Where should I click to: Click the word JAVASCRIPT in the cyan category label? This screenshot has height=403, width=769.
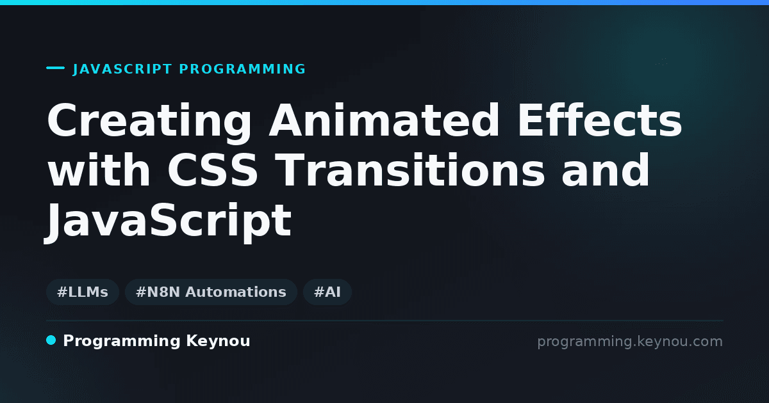point(122,69)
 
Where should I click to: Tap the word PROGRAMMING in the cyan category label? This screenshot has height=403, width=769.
point(242,69)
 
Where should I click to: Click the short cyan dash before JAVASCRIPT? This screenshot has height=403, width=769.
point(55,68)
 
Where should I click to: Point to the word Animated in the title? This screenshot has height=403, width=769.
point(384,120)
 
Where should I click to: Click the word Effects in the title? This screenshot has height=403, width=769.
point(599,120)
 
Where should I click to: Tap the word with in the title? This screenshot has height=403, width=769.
point(99,170)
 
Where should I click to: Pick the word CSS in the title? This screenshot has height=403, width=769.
point(213,170)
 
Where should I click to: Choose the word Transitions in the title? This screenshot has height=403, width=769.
point(411,170)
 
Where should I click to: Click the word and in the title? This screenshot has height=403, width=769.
point(606,170)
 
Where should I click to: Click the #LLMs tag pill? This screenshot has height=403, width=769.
point(83,292)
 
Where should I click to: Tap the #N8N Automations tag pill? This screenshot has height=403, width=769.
point(211,292)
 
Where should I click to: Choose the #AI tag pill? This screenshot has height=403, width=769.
point(327,292)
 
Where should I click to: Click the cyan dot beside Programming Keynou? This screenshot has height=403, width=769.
point(51,340)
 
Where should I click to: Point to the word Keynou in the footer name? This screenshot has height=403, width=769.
point(218,341)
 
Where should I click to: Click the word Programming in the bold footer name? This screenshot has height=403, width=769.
point(122,342)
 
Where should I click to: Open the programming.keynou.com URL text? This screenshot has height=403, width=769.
point(630,342)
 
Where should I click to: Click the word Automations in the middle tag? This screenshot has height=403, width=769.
point(236,292)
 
